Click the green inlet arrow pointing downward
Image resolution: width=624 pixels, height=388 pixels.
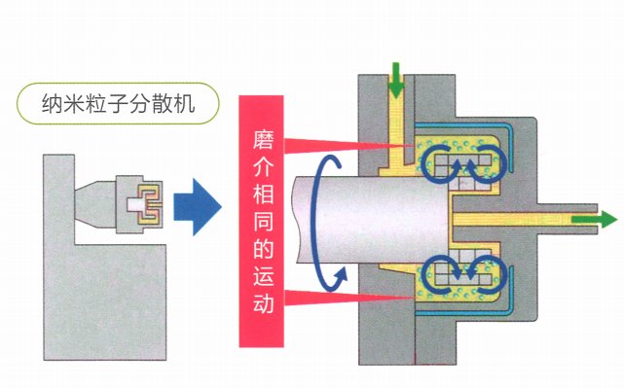(395, 80)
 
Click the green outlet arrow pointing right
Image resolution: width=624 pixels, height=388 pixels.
(595, 220)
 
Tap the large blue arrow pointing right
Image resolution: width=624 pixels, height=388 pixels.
(198, 207)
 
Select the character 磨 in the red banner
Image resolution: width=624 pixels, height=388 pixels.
(262, 139)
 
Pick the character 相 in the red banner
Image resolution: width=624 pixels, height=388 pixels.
(262, 194)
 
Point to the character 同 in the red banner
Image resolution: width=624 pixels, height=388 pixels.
(262, 222)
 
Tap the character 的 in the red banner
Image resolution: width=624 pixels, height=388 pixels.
(262, 249)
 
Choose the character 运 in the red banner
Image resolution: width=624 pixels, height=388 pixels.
(262, 276)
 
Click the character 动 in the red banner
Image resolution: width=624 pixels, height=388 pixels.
(262, 303)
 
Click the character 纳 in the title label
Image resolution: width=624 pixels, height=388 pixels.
(53, 103)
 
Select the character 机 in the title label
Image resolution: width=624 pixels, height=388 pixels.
(183, 103)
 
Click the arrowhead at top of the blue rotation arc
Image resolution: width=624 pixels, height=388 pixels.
(335, 162)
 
